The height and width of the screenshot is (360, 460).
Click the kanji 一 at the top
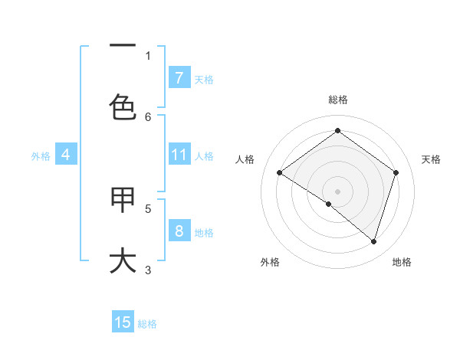(123, 46)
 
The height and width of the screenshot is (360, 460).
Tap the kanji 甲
(123, 200)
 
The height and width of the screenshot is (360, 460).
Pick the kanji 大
(123, 260)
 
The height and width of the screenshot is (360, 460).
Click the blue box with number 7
(179, 77)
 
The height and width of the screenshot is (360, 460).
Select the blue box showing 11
(179, 155)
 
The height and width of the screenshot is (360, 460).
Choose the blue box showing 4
(65, 155)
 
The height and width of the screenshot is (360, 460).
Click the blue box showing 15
(123, 322)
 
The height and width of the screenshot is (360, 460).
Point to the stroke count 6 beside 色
(148, 116)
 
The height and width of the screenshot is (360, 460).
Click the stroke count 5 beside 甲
(148, 208)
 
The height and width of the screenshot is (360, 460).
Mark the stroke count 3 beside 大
(148, 269)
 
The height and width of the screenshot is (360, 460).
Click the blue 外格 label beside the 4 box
(41, 155)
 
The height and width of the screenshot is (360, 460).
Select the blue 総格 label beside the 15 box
(147, 323)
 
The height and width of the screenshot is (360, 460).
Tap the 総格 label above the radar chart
(338, 100)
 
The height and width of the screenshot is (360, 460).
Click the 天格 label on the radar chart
(431, 159)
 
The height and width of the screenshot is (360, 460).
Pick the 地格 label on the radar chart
(402, 262)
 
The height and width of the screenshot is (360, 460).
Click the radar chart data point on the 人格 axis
(279, 173)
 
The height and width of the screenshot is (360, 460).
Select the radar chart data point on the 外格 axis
(329, 204)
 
